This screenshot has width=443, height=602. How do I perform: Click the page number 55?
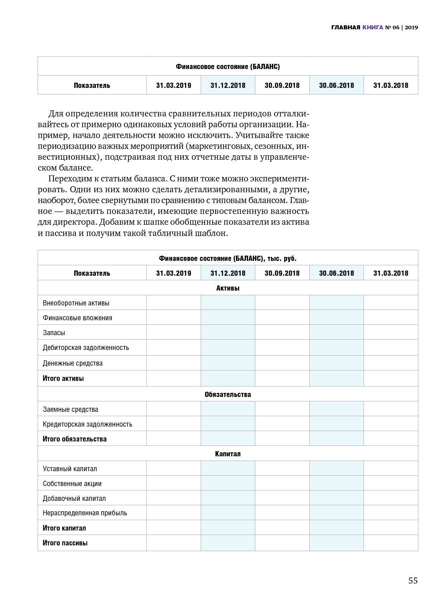(413, 580)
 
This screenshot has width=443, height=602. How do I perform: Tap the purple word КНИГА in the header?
(372, 28)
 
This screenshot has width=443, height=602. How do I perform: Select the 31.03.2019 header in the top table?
(174, 85)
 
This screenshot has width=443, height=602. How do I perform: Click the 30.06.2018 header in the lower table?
(336, 273)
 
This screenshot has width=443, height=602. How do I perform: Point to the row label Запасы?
(54, 333)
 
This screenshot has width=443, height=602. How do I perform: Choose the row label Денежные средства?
(73, 363)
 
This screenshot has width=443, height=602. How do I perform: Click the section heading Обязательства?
(228, 394)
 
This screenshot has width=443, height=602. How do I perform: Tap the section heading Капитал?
(228, 454)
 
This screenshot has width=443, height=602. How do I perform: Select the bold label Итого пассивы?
(65, 543)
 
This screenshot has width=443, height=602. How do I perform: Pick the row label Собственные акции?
(72, 484)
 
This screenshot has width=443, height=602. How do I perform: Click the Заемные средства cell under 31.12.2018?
(228, 409)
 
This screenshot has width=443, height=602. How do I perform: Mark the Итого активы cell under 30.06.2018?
(336, 378)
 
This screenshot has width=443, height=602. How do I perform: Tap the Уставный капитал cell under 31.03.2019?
(174, 468)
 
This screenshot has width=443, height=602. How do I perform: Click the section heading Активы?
(228, 288)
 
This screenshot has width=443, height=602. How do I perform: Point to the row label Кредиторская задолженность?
(87, 424)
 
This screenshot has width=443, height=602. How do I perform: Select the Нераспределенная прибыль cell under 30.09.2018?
(282, 513)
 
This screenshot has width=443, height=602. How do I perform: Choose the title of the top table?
(228, 67)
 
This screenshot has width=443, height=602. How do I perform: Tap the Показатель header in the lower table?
(92, 273)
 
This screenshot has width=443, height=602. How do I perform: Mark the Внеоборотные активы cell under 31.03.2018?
(391, 303)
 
